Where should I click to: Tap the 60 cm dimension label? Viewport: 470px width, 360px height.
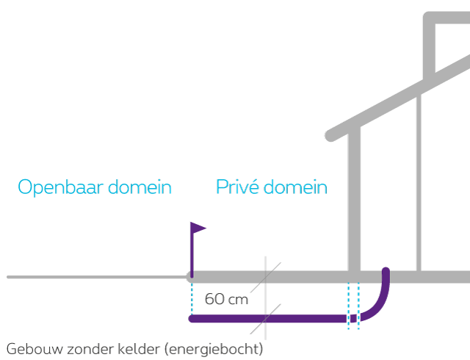pos(225,299)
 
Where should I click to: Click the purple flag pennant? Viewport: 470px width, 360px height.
pos(199,228)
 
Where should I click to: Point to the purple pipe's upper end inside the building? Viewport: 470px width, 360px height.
pos(386,273)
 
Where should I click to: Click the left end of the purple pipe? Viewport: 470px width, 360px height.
pos(192,318)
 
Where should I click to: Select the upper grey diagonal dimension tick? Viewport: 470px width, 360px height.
pos(266,276)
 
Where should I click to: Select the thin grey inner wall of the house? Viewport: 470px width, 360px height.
pos(418,184)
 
